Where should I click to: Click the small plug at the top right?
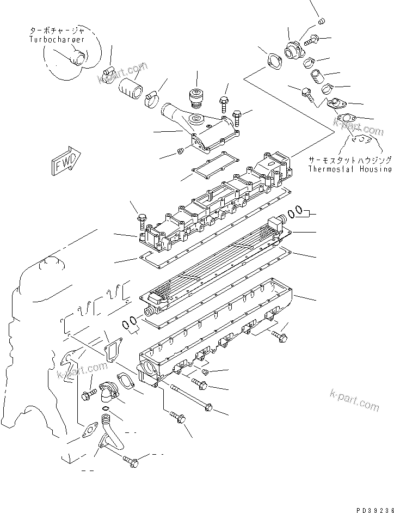321,21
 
